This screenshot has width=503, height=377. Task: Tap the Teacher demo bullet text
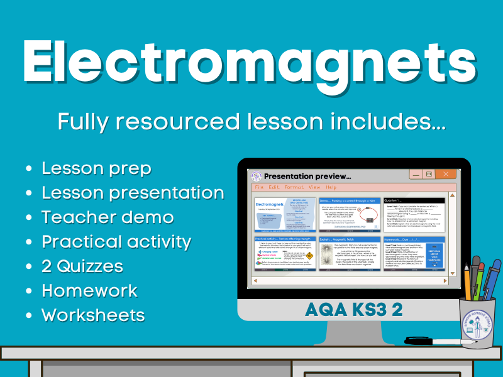click(108, 217)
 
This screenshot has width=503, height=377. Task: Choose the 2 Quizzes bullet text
click(82, 266)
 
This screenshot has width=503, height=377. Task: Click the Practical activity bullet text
click(116, 241)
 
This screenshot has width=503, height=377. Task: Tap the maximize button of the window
click(429, 173)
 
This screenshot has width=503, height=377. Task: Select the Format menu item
click(294, 187)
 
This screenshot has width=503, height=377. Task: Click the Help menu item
click(331, 187)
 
